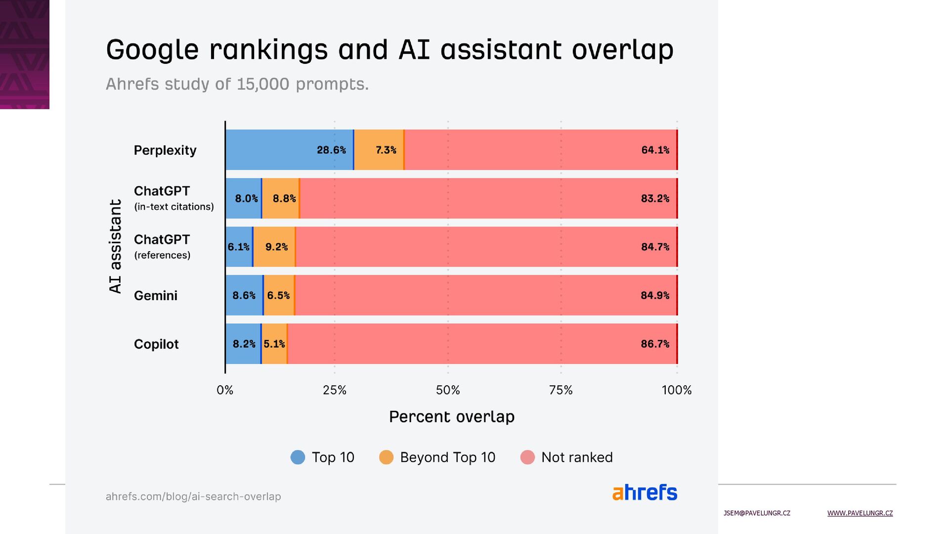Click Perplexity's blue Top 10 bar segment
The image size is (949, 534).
[289, 150]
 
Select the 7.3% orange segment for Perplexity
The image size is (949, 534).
[379, 150]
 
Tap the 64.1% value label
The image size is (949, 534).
[655, 150]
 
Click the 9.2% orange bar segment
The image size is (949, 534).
[274, 247]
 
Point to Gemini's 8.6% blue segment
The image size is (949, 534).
[244, 295]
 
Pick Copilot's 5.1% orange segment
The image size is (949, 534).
[274, 344]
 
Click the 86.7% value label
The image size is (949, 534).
[655, 344]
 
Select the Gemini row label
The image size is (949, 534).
[155, 296]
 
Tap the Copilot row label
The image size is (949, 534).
[156, 344]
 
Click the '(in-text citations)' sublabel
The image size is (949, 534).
[174, 207]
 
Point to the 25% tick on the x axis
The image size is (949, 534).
[335, 390]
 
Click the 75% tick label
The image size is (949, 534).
[561, 390]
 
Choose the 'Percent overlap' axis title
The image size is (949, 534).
[452, 417]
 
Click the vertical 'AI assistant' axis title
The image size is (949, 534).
[115, 246]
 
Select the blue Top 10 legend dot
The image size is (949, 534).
[298, 457]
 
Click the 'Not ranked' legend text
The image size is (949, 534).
[577, 457]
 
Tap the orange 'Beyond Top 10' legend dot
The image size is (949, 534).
[386, 457]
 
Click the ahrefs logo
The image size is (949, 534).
[645, 492]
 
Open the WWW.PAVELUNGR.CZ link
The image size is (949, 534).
[860, 513]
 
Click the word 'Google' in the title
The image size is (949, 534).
[152, 50]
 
